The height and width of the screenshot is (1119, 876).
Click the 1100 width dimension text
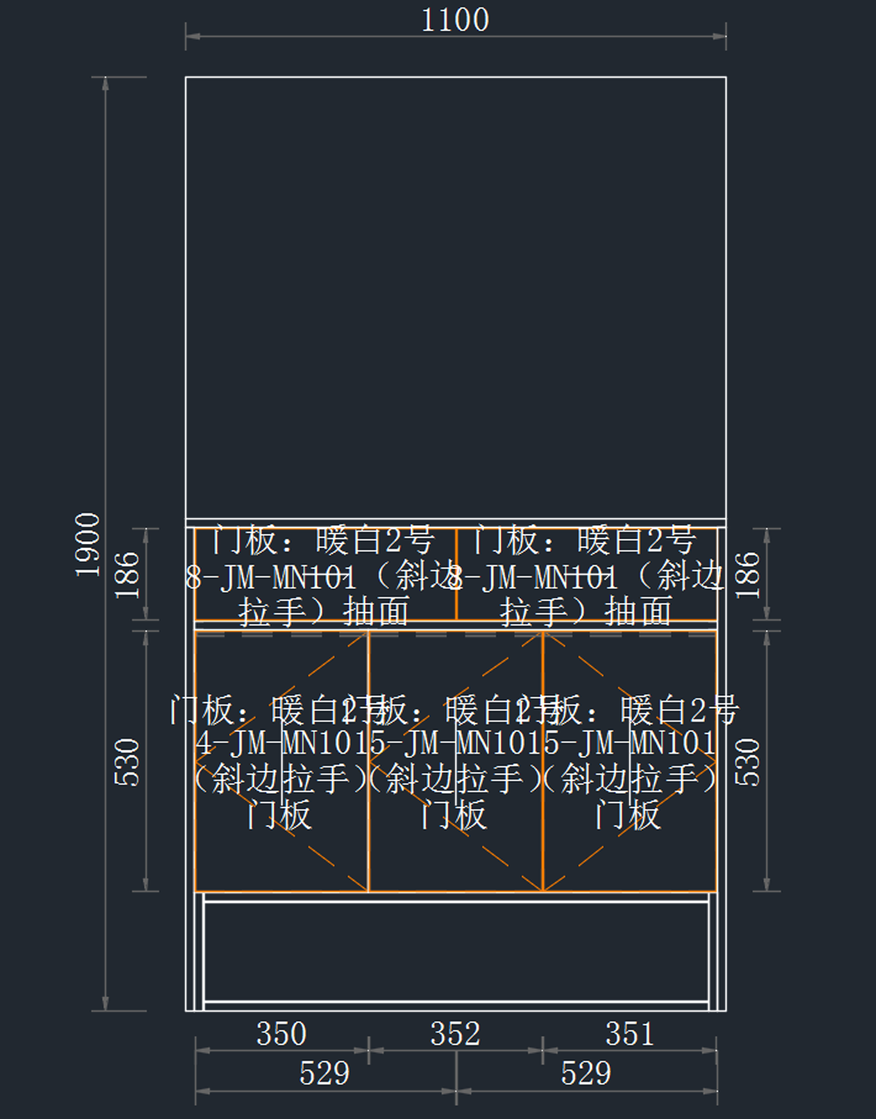pyautogui.click(x=455, y=20)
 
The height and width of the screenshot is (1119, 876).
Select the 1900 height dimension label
pyautogui.click(x=88, y=545)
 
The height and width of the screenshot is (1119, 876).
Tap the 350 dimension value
pyautogui.click(x=281, y=1034)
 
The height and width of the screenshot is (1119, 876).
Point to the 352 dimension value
pyautogui.click(x=456, y=1034)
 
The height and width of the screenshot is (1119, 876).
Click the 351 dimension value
pyautogui.click(x=629, y=1034)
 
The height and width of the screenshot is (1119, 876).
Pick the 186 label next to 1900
pyautogui.click(x=127, y=575)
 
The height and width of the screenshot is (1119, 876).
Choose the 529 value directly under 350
pyautogui.click(x=324, y=1074)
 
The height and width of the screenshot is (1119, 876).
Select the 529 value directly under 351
pyautogui.click(x=585, y=1074)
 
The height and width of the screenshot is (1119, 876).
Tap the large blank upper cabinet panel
pyautogui.click(x=456, y=292)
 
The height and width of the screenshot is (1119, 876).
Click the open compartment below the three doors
pyautogui.click(x=456, y=952)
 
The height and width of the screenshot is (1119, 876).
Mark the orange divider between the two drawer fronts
pyautogui.click(x=456, y=574)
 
